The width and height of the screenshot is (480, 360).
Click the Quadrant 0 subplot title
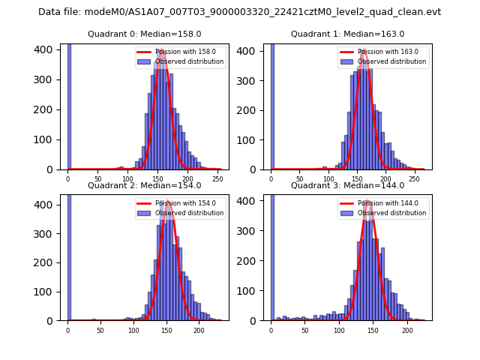click(x=145, y=34)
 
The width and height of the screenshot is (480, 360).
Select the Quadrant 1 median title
click(x=348, y=34)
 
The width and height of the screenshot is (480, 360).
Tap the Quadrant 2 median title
click(x=145, y=185)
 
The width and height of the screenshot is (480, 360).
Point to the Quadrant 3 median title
click(x=348, y=185)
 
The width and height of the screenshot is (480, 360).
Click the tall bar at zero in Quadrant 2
click(x=69, y=255)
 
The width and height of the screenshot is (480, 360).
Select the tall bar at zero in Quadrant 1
click(x=271, y=105)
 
